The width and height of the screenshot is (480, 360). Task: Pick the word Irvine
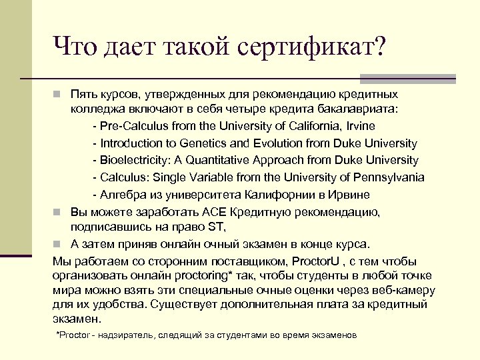click(358, 126)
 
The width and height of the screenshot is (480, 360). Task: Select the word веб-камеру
click(402, 291)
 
